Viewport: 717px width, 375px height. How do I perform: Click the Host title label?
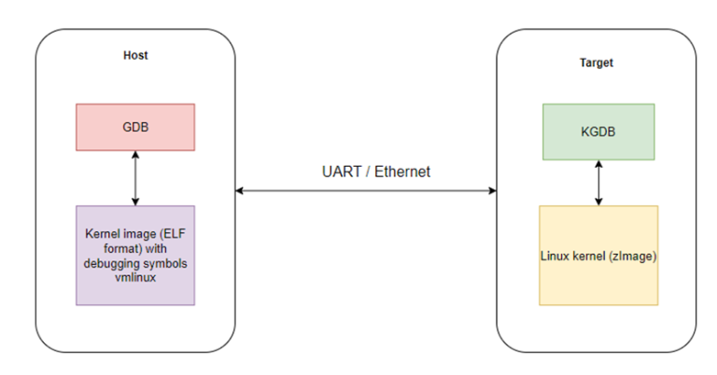(135, 55)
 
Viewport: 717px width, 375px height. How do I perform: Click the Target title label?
(597, 62)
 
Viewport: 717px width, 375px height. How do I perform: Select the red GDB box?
(135, 127)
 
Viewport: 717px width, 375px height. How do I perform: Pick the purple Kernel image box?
(135, 255)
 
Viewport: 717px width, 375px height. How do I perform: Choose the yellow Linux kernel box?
(597, 255)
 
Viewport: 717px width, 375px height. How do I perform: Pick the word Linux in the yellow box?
(557, 256)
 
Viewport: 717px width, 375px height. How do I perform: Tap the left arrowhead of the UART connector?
(240, 191)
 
